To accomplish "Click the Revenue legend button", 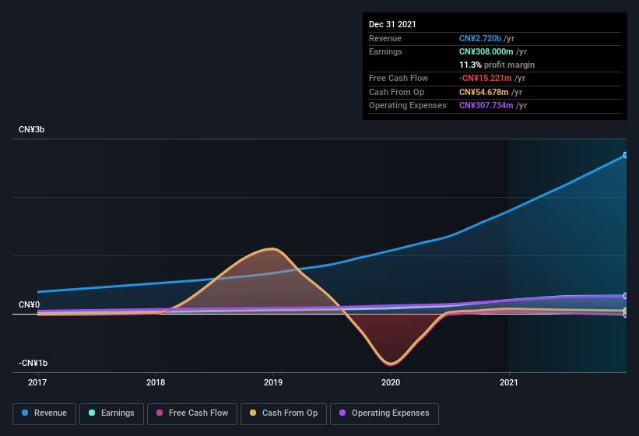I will pyautogui.click(x=45, y=413).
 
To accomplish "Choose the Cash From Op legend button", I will pyautogui.click(x=284, y=413).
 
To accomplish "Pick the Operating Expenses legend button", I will pyautogui.click(x=384, y=413).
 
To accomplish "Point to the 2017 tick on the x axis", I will pyautogui.click(x=37, y=382).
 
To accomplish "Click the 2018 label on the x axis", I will pyautogui.click(x=156, y=382).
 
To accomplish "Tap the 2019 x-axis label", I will pyautogui.click(x=273, y=382).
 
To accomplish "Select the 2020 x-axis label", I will pyautogui.click(x=391, y=382).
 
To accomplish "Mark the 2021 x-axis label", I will pyautogui.click(x=508, y=382).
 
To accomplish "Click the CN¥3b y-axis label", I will pyautogui.click(x=32, y=129).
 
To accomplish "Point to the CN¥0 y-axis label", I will pyautogui.click(x=30, y=304).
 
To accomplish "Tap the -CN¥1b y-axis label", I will pyautogui.click(x=33, y=364).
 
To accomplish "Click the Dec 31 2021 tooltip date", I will pyautogui.click(x=392, y=24).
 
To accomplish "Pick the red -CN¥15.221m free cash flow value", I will pyautogui.click(x=486, y=78).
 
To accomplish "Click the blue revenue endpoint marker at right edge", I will pyautogui.click(x=625, y=155).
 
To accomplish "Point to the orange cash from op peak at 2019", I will pyautogui.click(x=272, y=249).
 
